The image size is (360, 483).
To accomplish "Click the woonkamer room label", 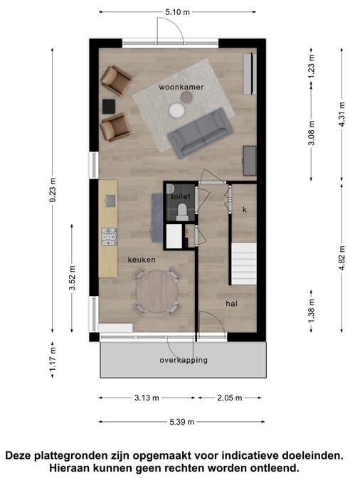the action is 181,87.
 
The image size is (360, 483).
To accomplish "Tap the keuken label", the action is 142,260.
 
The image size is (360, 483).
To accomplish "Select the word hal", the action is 231,304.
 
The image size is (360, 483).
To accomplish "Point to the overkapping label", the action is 184,360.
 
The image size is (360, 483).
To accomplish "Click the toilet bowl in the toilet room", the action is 182,211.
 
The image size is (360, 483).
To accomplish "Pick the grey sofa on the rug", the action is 200,133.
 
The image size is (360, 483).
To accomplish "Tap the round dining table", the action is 157,292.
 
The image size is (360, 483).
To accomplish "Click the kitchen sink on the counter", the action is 110,201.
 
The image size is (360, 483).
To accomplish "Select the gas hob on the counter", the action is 110,237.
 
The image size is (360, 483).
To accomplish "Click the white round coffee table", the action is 176,110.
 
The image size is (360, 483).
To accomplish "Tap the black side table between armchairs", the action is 108,106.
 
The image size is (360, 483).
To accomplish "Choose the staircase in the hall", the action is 244,264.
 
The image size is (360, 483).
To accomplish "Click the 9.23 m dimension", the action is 53,190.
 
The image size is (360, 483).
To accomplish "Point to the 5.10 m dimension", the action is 178,12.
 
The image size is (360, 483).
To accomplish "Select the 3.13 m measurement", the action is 147,398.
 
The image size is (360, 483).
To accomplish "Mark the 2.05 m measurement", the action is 230,398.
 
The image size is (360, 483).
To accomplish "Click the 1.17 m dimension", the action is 53,359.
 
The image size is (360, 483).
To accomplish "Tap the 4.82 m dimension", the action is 342,258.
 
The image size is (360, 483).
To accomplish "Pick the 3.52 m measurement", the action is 72,278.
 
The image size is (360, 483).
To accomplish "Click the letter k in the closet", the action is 245,210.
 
